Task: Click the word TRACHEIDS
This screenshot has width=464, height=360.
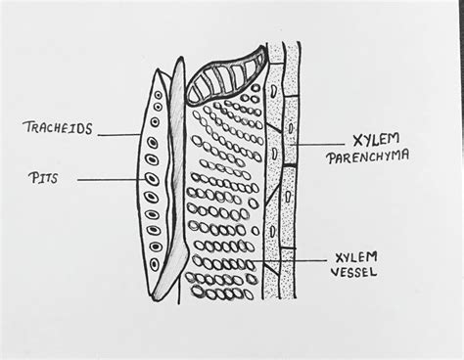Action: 63,128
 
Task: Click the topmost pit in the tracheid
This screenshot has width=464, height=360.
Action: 156,95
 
